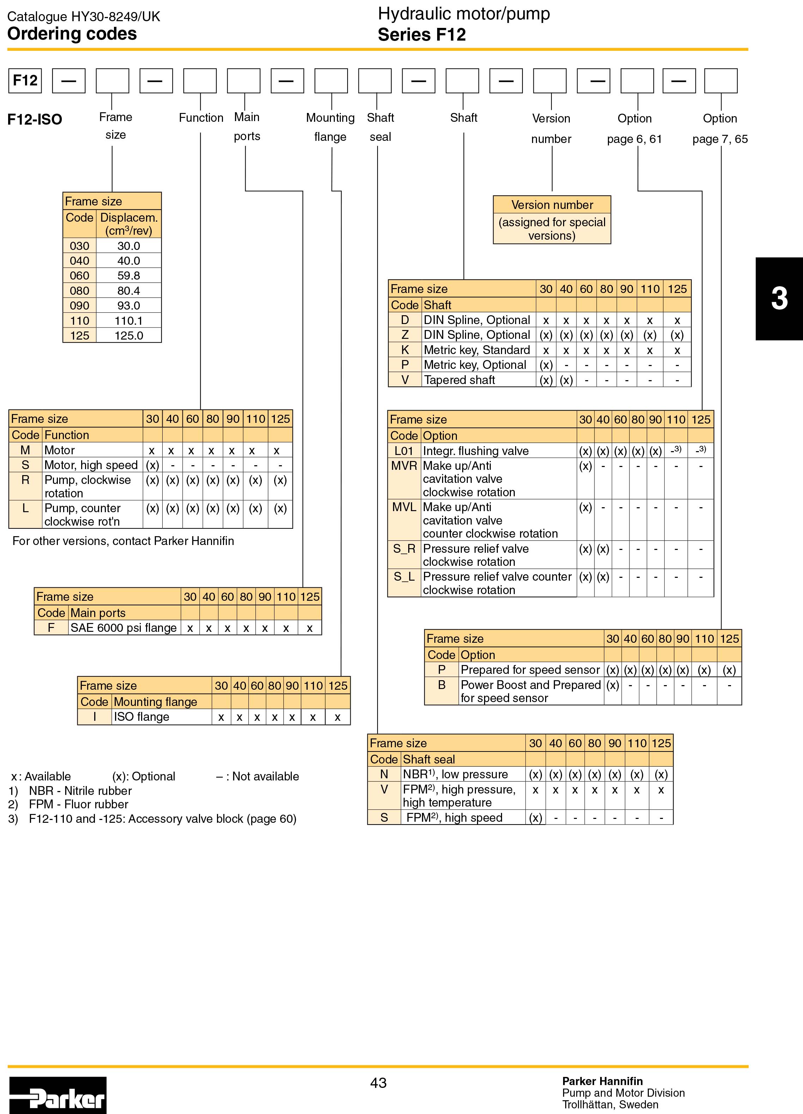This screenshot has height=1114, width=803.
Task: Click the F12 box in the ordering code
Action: pyautogui.click(x=25, y=80)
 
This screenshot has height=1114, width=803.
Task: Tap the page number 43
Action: pyautogui.click(x=379, y=1083)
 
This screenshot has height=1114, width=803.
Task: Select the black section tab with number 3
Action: pyautogui.click(x=779, y=299)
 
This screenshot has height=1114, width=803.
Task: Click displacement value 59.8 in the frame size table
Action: pyautogui.click(x=128, y=276)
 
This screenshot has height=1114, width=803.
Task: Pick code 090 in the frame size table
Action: pyautogui.click(x=79, y=306)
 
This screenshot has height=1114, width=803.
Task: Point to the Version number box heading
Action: pyautogui.click(x=552, y=205)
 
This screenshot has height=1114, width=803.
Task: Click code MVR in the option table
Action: pyautogui.click(x=404, y=466)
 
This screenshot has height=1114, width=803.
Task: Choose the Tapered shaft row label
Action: pyautogui.click(x=459, y=380)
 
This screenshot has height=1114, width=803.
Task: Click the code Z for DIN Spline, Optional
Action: pyautogui.click(x=405, y=335)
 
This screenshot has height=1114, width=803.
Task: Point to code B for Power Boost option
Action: pyautogui.click(x=442, y=685)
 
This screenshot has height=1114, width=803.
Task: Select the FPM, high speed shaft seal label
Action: pyautogui.click(x=454, y=817)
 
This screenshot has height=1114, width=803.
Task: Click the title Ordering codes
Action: pyautogui.click(x=72, y=34)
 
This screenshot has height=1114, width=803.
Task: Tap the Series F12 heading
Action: pyautogui.click(x=422, y=35)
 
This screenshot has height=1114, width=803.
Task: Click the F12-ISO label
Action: pyautogui.click(x=35, y=119)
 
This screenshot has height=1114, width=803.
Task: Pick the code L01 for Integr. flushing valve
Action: pyautogui.click(x=404, y=451)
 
